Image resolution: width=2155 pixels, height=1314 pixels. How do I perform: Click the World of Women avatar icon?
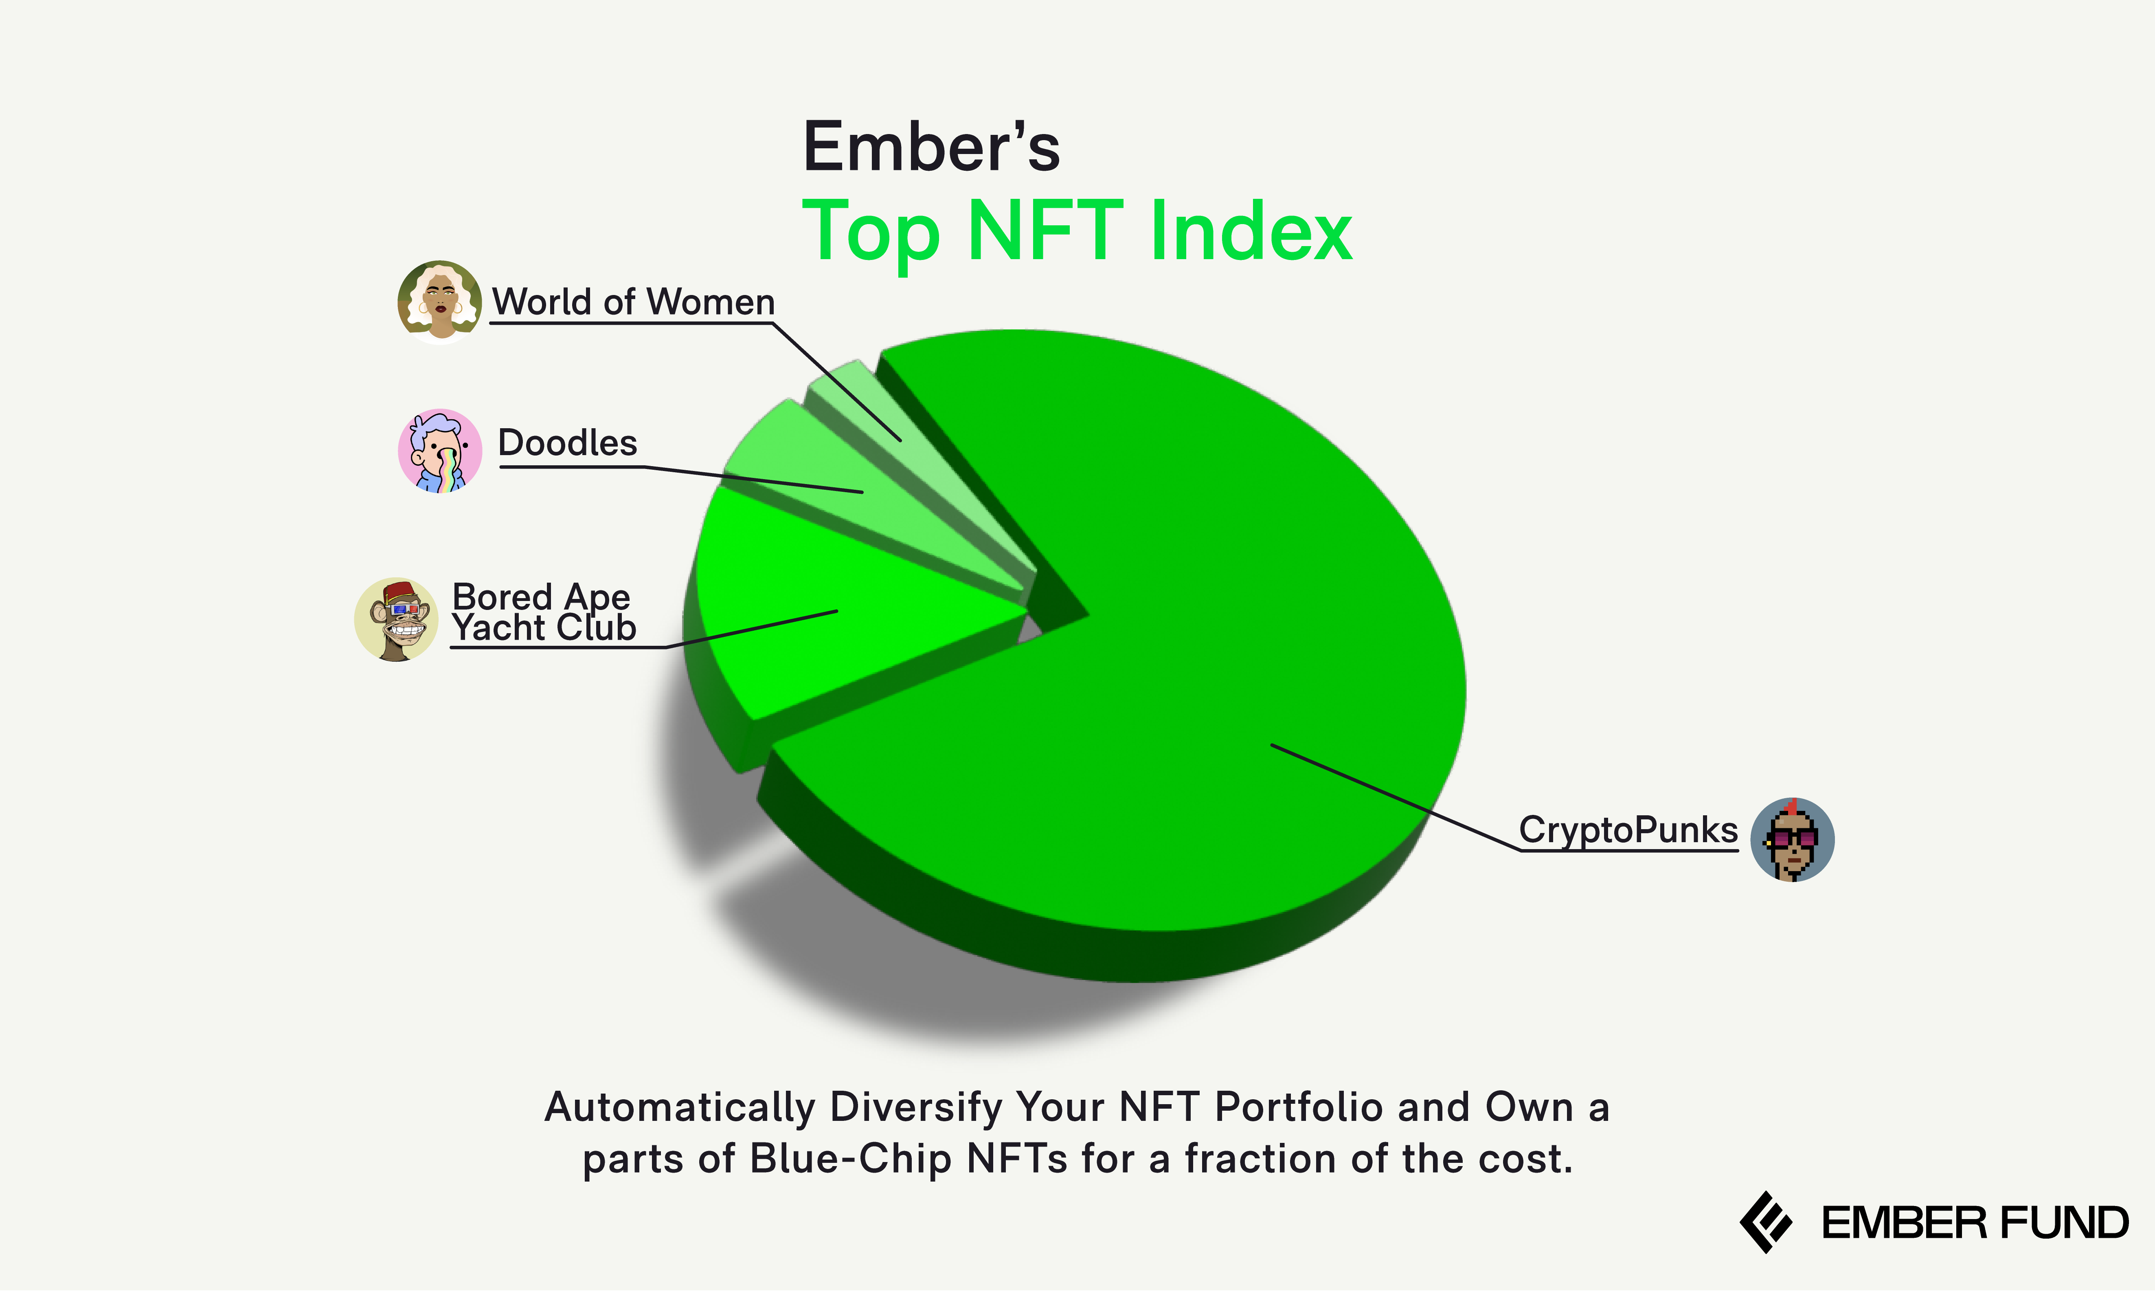[x=439, y=302]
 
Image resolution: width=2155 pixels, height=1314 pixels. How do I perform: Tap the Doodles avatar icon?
[x=440, y=451]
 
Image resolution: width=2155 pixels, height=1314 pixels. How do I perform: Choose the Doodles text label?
[x=568, y=442]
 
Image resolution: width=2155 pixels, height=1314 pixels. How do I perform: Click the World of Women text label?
[x=633, y=302]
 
